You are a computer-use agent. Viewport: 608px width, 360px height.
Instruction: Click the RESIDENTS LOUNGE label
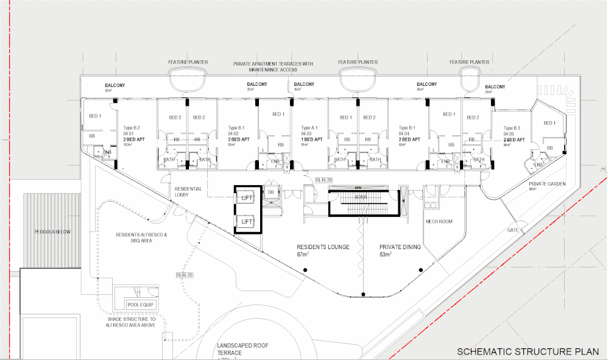[323, 247]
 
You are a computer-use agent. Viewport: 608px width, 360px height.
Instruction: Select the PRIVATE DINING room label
[400, 247]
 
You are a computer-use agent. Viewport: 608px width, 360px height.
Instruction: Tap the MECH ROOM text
[439, 222]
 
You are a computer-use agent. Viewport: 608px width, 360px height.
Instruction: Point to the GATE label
[514, 231]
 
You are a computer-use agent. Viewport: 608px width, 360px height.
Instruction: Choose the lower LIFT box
[246, 222]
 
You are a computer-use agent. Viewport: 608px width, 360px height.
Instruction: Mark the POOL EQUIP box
[141, 305]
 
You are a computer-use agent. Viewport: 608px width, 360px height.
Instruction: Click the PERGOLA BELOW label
[52, 232]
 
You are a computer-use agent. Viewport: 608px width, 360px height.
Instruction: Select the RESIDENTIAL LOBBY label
[188, 192]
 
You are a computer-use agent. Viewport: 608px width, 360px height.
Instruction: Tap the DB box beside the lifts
[270, 192]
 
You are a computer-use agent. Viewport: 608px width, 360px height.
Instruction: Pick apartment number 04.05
[509, 133]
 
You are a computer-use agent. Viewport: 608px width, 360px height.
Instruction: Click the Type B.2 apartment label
[132, 128]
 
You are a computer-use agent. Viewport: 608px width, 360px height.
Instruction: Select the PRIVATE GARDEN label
[547, 183]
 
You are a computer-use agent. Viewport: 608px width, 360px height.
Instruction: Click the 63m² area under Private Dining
[385, 254]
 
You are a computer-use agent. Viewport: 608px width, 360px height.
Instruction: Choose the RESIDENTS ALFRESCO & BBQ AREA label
[141, 237]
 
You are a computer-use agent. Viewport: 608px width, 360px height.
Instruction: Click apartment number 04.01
[129, 133]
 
